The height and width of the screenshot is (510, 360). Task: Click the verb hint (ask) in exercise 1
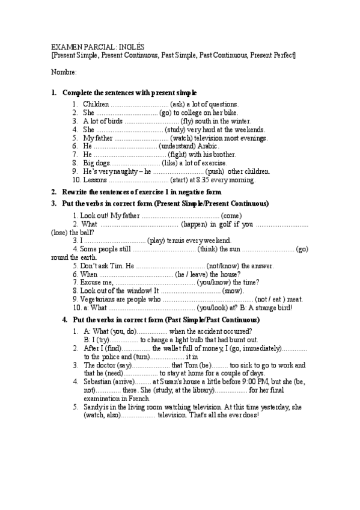pyautogui.click(x=179, y=104)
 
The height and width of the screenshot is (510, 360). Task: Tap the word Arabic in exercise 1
pyautogui.click(x=207, y=146)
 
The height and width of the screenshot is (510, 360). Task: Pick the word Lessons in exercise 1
pyautogui.click(x=96, y=180)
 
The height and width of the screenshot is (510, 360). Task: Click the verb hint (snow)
pyautogui.click(x=233, y=290)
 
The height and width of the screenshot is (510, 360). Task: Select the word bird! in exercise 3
pyautogui.click(x=284, y=307)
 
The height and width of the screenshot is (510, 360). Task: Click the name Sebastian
pyautogui.click(x=99, y=382)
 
